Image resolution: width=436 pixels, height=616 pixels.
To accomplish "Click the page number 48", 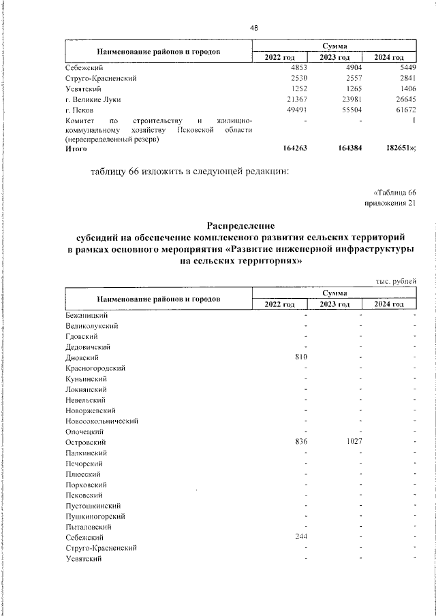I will (x=254, y=28).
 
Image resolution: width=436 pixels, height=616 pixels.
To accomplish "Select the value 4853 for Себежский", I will (x=299, y=69).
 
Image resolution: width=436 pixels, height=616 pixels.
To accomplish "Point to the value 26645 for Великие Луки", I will (x=402, y=99).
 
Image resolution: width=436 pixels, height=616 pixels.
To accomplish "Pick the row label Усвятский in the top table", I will (x=84, y=88).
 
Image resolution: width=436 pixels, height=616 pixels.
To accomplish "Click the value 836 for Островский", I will (x=302, y=442).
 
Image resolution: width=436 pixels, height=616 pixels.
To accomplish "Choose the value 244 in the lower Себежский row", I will (x=302, y=537).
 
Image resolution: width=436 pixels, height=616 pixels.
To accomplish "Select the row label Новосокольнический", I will (x=102, y=421).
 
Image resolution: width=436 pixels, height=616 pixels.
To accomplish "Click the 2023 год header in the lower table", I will (x=334, y=304).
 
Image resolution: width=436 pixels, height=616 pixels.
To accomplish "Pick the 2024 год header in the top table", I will (x=390, y=57).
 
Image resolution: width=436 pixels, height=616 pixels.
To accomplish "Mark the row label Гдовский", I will (x=82, y=336).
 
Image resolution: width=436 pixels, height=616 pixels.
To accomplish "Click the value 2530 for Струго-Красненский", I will (x=299, y=79).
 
